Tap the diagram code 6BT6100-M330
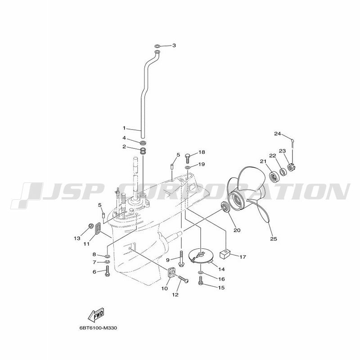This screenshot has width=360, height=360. coord(98,328)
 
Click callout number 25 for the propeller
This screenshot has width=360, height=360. coord(274,239)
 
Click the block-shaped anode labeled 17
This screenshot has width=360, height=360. coord(225,254)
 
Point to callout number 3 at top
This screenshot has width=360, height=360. coord(174,45)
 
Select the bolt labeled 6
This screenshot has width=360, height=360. coord(108,271)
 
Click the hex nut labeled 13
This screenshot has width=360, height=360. coord(90,226)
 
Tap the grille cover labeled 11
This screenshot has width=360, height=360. coord(98,229)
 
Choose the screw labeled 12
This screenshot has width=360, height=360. coord(183,279)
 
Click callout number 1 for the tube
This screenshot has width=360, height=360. coord(124,128)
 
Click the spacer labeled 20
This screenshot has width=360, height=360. coord(225,207)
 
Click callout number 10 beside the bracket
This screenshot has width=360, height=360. coord(165,288)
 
